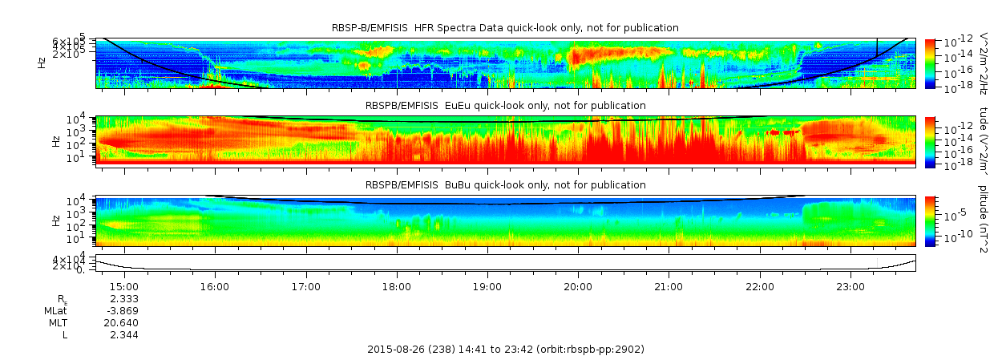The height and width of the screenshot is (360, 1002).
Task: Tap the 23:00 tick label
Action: click(850, 286)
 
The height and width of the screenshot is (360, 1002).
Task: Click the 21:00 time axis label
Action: click(669, 286)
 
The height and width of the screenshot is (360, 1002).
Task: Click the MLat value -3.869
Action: click(123, 310)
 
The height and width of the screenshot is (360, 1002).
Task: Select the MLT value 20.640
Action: click(123, 322)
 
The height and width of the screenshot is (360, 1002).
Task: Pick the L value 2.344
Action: click(123, 334)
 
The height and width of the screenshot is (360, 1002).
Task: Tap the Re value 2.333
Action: click(123, 298)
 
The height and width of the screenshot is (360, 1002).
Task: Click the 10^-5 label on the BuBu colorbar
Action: click(952, 216)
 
